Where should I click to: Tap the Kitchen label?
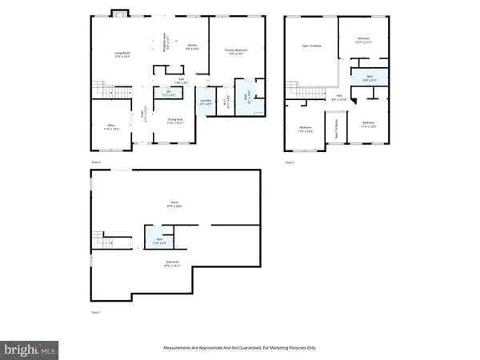[x=192, y=47]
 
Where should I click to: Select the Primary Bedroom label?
[x=238, y=53]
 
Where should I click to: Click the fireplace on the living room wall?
[x=117, y=13]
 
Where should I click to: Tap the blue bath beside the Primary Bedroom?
[x=247, y=99]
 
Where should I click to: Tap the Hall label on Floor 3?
[x=338, y=98]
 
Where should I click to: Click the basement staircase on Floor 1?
[x=101, y=239]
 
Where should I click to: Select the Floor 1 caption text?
[x=97, y=314]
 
